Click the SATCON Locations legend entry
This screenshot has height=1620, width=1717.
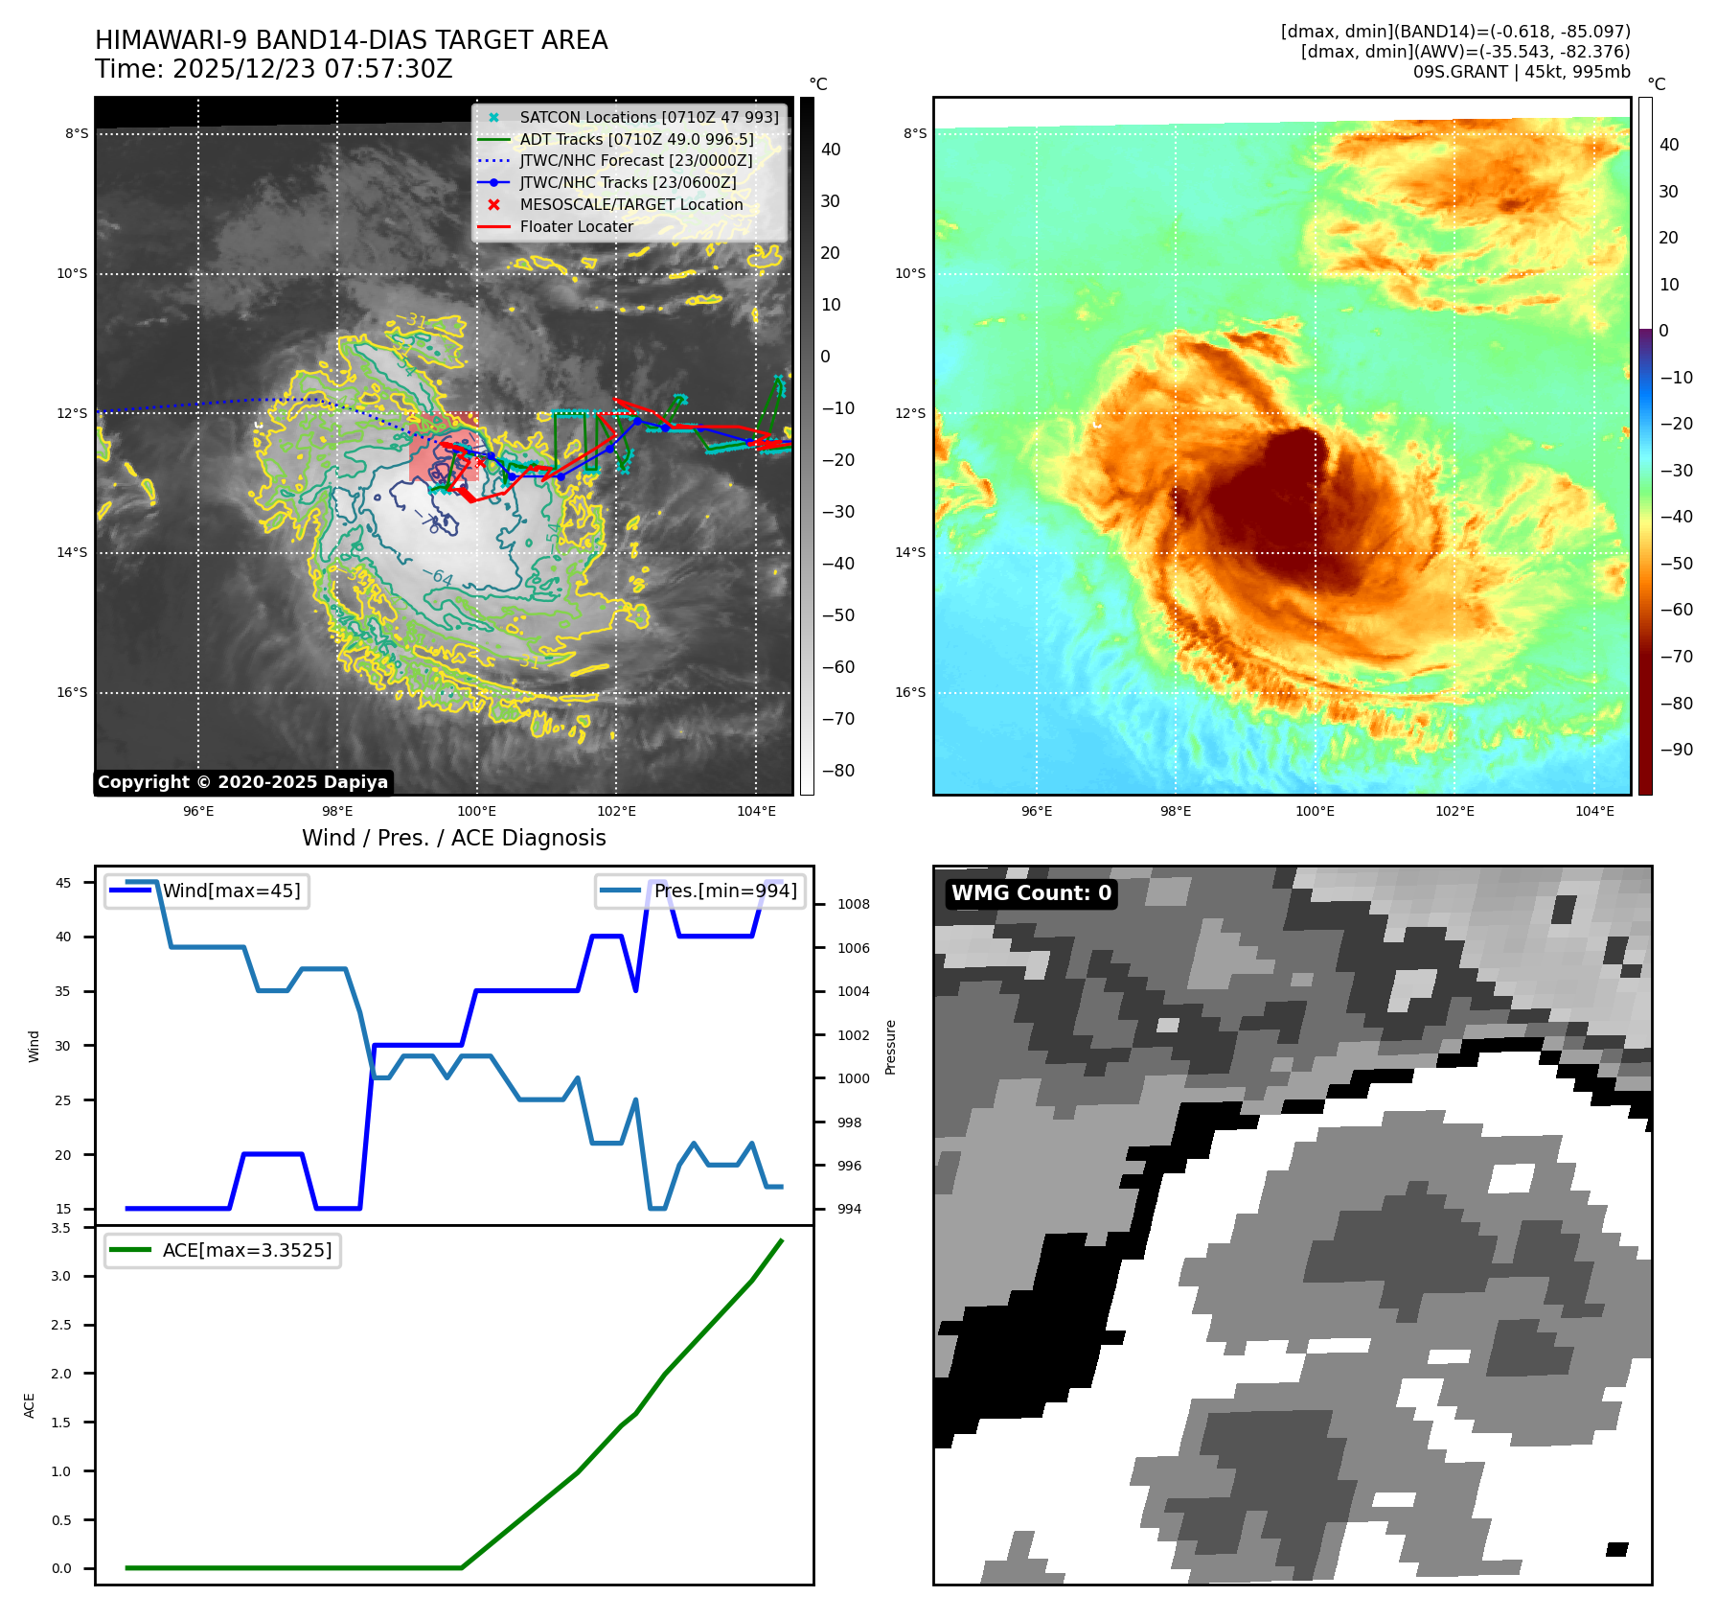point(649,117)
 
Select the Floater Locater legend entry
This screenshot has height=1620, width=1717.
point(576,226)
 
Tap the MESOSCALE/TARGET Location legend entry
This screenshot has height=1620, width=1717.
point(630,204)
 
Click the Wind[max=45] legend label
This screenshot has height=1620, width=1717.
point(231,891)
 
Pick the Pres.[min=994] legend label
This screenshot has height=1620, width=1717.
point(725,891)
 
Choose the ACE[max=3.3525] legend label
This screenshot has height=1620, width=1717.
point(247,1250)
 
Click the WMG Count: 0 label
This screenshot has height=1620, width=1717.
point(1031,893)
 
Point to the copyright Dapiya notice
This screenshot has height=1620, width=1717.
point(242,782)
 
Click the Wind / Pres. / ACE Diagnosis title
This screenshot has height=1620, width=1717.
point(454,838)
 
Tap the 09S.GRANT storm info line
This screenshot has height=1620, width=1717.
point(1521,72)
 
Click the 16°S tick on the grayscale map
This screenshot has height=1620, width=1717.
point(72,692)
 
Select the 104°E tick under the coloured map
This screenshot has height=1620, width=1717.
point(1594,811)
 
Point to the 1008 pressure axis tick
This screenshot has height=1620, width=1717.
point(853,904)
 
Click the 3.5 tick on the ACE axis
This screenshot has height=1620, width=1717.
point(61,1228)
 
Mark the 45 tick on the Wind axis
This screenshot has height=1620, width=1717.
point(63,883)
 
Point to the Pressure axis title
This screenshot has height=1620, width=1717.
point(890,1047)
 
